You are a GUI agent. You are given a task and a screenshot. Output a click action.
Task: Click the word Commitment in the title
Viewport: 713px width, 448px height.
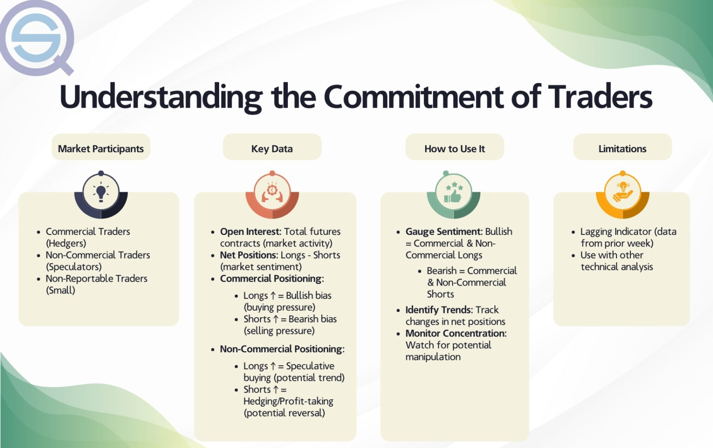pos(413,97)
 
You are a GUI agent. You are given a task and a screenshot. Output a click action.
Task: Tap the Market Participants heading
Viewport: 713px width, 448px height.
pos(101,149)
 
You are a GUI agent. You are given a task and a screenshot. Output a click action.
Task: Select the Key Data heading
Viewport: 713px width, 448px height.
pos(272,149)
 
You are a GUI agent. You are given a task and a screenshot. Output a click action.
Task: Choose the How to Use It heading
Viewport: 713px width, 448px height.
pos(454,149)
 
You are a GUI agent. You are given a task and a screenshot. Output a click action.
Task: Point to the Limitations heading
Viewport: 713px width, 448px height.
pos(622,149)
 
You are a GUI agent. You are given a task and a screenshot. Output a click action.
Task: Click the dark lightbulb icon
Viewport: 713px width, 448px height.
pos(101,192)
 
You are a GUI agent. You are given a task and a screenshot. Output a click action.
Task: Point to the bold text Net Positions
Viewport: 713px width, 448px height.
pos(248,255)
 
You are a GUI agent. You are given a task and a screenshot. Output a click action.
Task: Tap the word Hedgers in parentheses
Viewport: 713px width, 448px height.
pos(66,243)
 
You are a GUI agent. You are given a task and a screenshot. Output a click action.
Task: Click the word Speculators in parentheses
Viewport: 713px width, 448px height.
pos(73,267)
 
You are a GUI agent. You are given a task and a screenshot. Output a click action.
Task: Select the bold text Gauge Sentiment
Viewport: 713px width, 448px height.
pos(444,231)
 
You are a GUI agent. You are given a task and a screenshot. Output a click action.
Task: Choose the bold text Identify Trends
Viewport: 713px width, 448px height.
pos(439,310)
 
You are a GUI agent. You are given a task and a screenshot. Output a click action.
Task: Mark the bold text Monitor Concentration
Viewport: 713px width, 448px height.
pos(456,333)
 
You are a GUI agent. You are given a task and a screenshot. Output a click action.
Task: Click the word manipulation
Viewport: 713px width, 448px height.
pos(433,357)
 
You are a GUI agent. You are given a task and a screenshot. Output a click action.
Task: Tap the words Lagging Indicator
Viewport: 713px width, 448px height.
pos(616,231)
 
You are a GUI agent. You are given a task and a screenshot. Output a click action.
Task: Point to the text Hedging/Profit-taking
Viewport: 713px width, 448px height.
pos(288,401)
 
